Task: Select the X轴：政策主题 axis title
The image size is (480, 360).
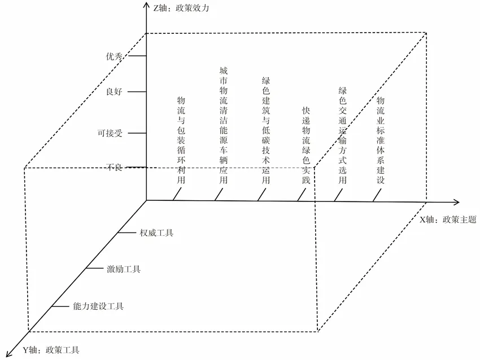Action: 447,219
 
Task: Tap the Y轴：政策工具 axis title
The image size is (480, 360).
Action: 51,350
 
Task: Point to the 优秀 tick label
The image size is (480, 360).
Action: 115,56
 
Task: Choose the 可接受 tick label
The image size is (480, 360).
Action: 110,133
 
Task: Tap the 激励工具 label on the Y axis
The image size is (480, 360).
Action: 124,269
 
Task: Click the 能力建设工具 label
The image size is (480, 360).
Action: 98,306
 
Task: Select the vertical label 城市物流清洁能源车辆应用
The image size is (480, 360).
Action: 223,125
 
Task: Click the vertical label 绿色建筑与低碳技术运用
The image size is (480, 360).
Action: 266,131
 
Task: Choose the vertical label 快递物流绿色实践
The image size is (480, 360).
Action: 306,145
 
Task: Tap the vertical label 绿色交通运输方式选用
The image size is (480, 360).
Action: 342,135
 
